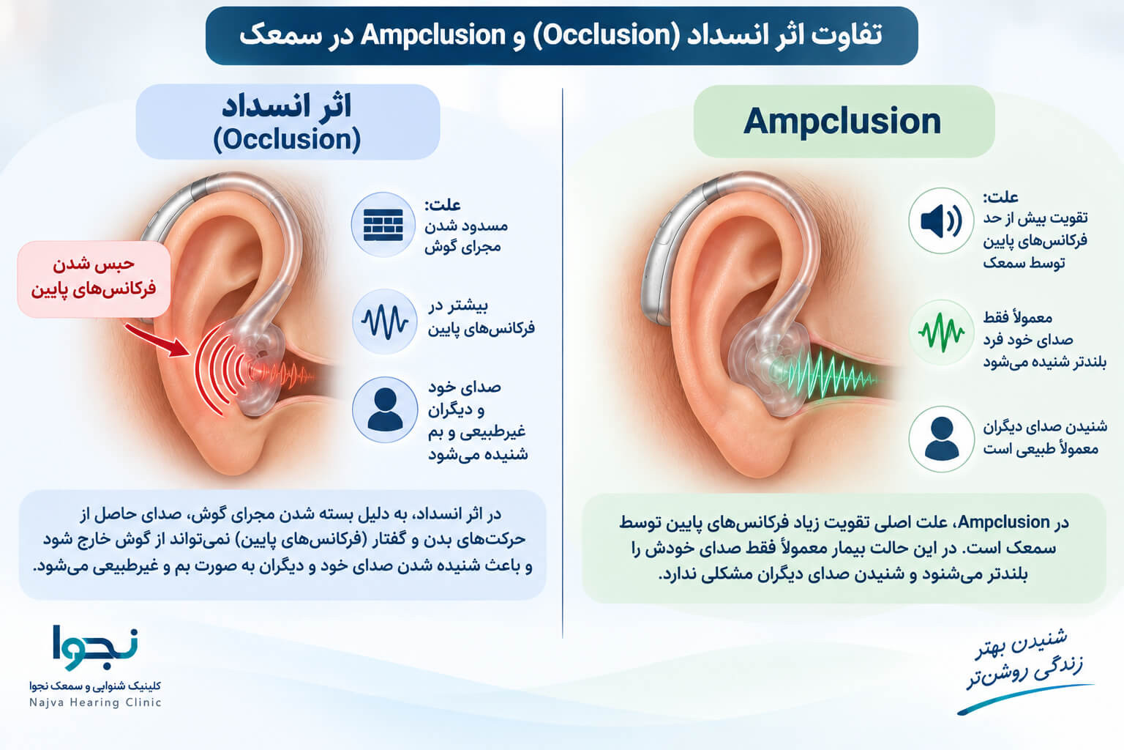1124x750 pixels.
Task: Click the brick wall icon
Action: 383,225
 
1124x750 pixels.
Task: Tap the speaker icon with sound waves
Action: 941,221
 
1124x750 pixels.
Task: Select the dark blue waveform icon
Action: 384,322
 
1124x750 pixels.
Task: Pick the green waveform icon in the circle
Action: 941,332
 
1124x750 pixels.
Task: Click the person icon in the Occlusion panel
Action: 385,409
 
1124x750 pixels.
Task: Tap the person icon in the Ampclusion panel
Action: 941,439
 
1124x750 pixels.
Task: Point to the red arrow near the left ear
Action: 157,340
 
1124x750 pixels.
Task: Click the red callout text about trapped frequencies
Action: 94,277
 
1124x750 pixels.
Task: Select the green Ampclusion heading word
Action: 842,122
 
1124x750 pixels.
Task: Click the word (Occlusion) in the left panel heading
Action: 287,139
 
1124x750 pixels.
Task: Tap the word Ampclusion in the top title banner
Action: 433,36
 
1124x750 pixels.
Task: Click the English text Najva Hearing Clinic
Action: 95,702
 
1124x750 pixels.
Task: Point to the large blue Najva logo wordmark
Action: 95,647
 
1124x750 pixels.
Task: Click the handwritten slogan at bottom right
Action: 1024,658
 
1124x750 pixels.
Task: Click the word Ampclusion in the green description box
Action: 1004,522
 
